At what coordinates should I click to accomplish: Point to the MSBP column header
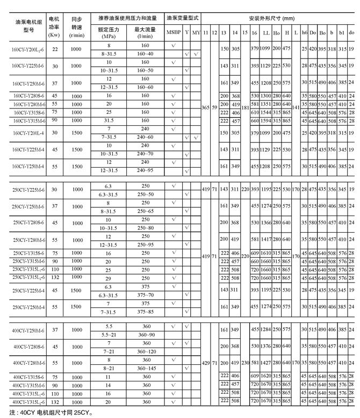174,33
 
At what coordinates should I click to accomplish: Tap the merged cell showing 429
205,363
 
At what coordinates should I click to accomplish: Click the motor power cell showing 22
54,49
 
